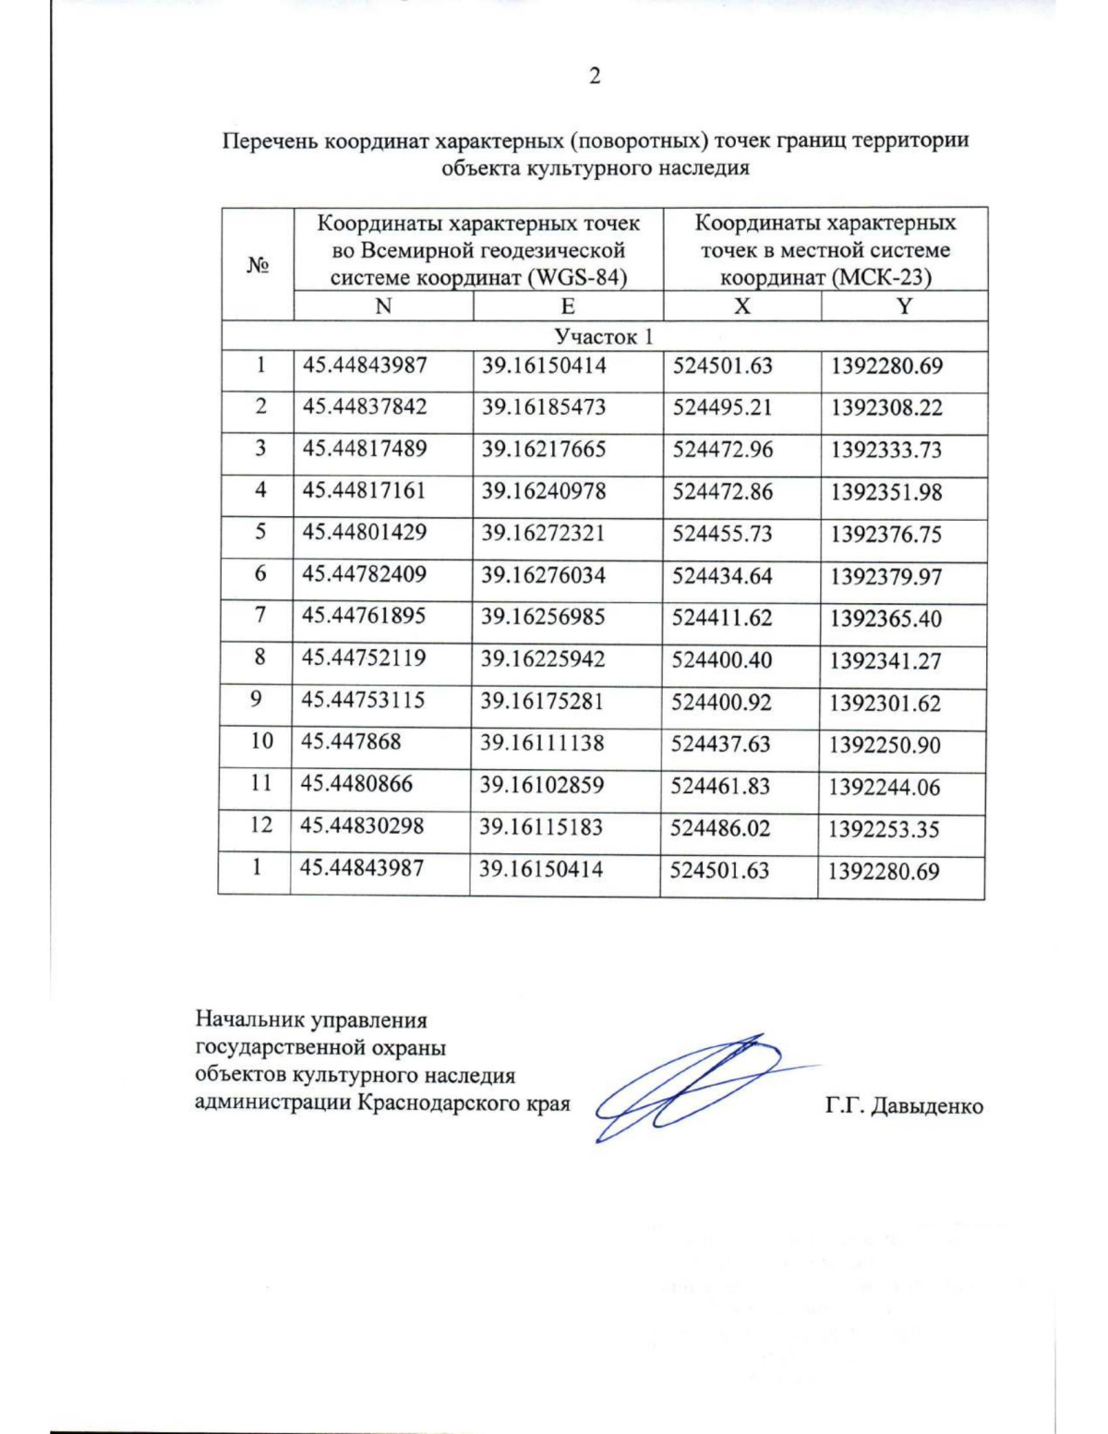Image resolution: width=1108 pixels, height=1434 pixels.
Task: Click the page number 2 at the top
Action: click(595, 77)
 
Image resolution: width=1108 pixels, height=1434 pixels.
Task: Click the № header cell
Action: click(258, 265)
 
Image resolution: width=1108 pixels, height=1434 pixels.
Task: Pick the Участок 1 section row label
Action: click(603, 336)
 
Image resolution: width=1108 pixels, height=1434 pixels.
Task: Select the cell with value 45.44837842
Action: click(365, 407)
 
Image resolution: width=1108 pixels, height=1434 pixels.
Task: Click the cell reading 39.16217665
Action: click(544, 450)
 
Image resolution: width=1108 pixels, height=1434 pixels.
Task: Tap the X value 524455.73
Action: click(722, 535)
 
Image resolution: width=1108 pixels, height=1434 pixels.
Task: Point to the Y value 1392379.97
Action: click(885, 577)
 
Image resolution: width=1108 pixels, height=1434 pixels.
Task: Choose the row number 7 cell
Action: click(260, 616)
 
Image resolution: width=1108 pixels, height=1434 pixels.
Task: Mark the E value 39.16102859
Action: click(542, 786)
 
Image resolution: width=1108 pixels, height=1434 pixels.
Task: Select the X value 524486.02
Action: click(719, 828)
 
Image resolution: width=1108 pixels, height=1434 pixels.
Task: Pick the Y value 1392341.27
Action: click(885, 661)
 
